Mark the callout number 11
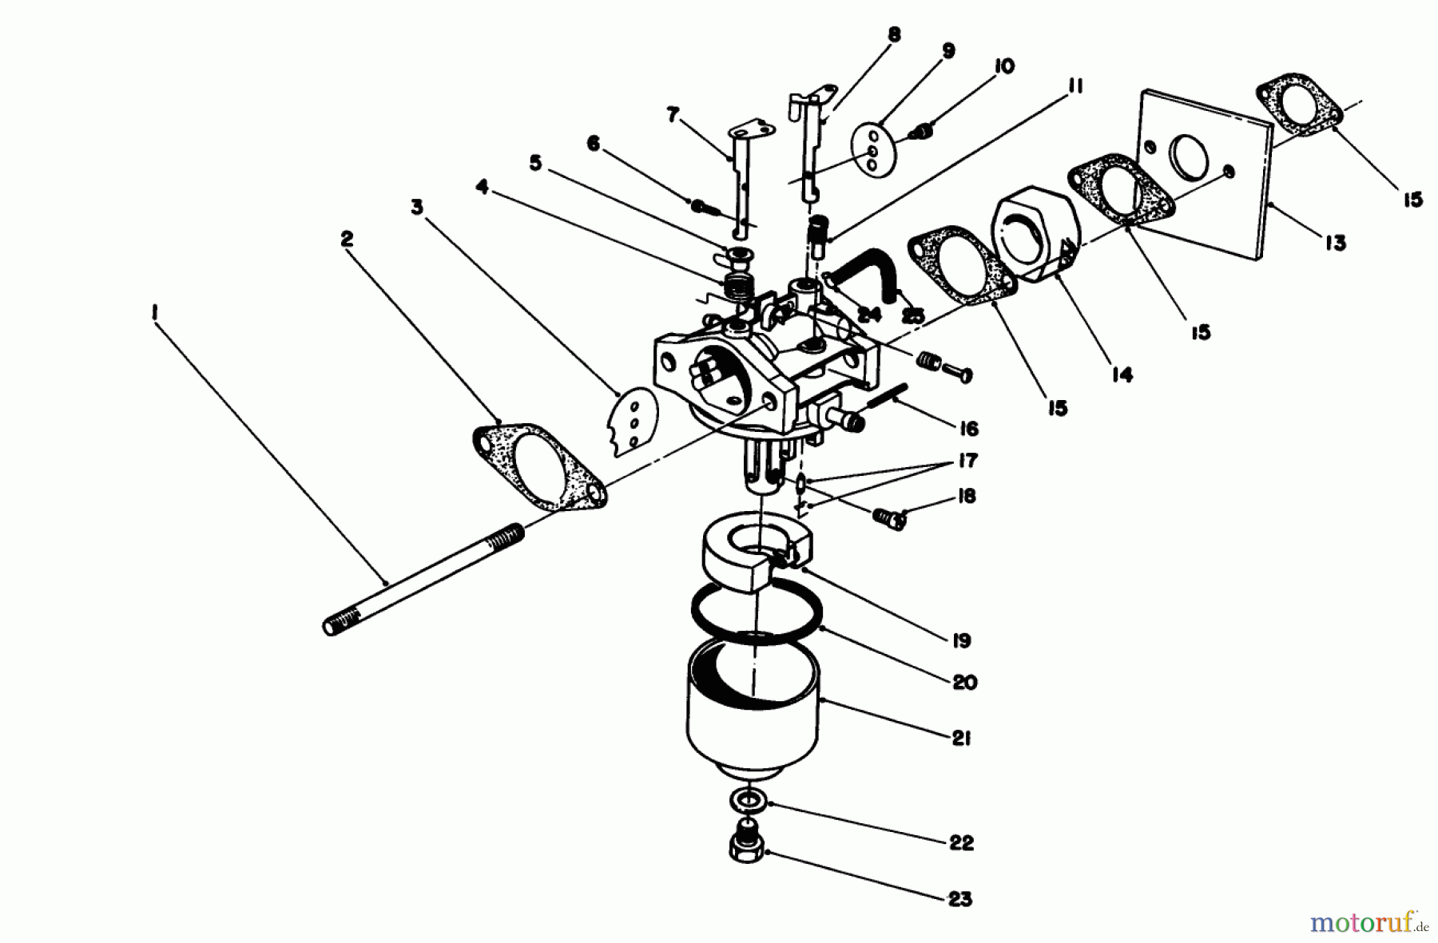click(x=1075, y=86)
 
